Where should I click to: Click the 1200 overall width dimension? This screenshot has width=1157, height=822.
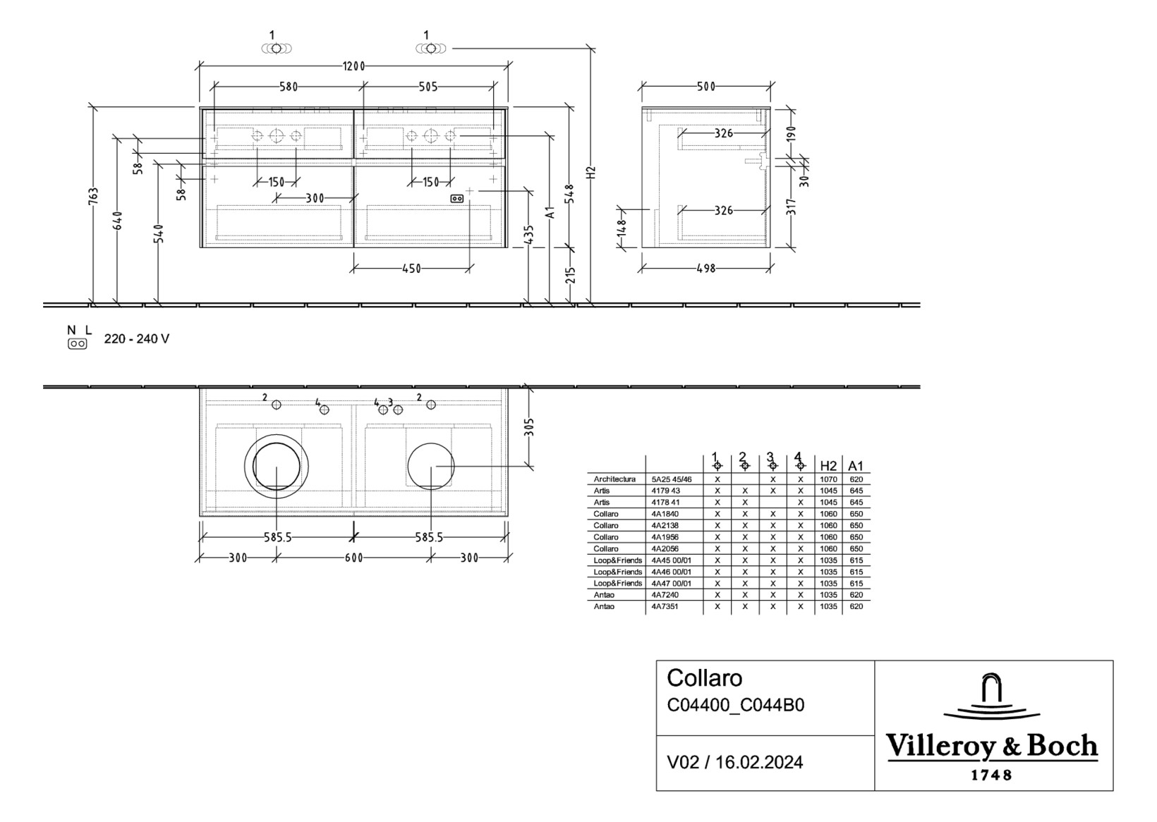click(353, 66)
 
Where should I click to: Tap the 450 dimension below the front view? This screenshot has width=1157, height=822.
click(411, 269)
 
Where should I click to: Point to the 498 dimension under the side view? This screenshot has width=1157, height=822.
click(705, 269)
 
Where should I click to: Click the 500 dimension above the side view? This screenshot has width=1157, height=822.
click(705, 87)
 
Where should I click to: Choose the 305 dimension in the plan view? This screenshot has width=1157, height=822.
click(529, 427)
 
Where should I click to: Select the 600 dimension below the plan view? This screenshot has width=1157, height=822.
click(353, 558)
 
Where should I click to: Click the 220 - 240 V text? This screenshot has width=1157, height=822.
click(137, 339)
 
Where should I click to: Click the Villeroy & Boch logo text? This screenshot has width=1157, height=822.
click(991, 746)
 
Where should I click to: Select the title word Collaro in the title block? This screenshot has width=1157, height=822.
click(704, 678)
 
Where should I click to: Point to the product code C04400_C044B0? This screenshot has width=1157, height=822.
click(735, 705)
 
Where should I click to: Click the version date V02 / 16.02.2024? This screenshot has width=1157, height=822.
click(734, 762)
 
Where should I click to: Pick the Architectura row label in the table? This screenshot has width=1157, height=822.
click(614, 479)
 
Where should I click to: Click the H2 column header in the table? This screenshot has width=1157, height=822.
click(828, 466)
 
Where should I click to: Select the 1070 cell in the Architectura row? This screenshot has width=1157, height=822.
click(828, 479)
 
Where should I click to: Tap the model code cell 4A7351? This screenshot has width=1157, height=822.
click(665, 606)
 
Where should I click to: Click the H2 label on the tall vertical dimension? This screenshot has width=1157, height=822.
click(591, 171)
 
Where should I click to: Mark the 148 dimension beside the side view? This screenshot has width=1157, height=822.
click(621, 228)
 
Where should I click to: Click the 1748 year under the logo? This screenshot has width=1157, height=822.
click(991, 775)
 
